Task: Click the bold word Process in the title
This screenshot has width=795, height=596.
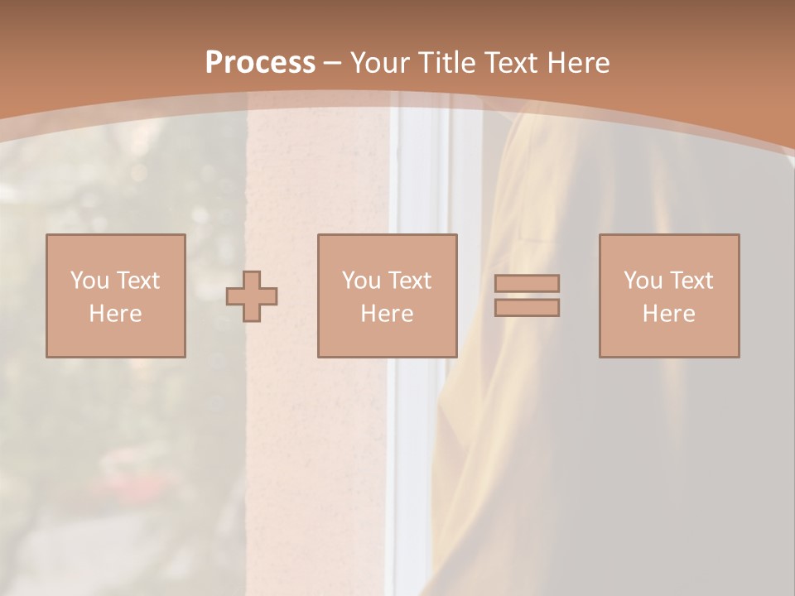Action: [x=260, y=63]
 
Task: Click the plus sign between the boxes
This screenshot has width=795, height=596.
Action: [x=252, y=296]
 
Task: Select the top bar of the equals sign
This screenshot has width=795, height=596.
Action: [x=527, y=283]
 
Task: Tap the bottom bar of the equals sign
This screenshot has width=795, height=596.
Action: [x=527, y=308]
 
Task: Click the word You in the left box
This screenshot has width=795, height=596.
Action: [x=89, y=281]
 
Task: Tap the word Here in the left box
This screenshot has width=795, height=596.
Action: [x=115, y=314]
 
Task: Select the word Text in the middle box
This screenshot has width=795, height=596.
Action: [x=410, y=281]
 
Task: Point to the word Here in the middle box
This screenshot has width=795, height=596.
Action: [x=387, y=314]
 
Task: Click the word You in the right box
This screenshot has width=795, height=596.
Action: [x=643, y=281]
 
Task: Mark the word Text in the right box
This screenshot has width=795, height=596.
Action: [x=691, y=281]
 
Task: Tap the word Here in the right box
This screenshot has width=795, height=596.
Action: [x=668, y=314]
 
